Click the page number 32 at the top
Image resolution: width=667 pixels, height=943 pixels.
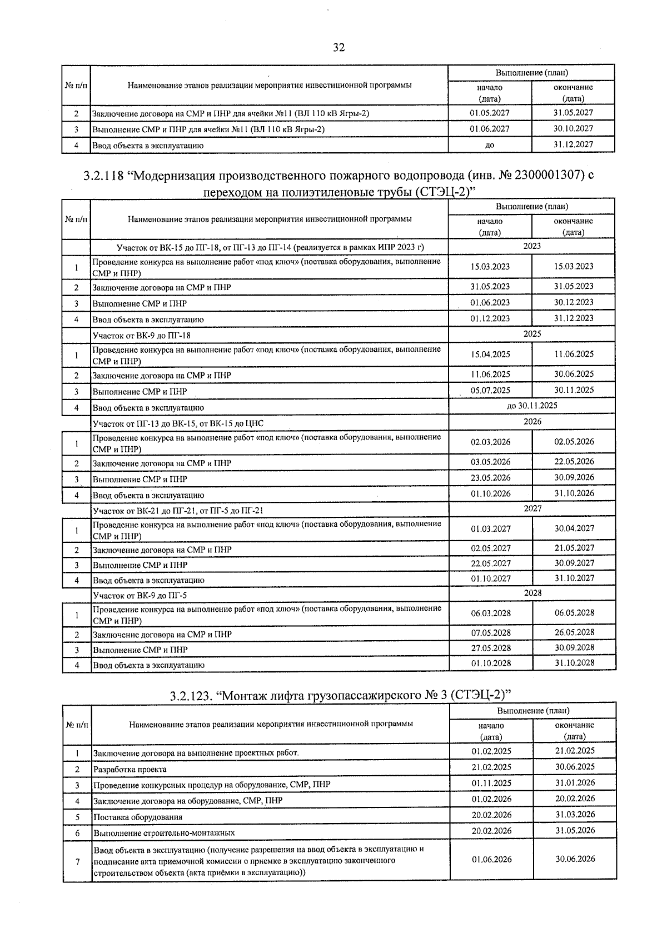tap(339, 48)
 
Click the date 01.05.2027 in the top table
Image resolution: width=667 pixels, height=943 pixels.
tap(490, 113)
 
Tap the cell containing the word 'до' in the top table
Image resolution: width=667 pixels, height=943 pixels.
tap(490, 145)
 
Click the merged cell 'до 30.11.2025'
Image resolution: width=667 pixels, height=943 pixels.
tap(532, 406)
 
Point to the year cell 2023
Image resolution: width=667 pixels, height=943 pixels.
tap(532, 246)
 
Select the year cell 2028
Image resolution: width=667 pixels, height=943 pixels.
tap(532, 593)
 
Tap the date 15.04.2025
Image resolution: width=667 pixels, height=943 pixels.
tap(490, 355)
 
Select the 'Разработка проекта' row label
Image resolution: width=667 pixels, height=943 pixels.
tap(130, 769)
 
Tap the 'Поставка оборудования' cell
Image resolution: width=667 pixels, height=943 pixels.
tap(137, 817)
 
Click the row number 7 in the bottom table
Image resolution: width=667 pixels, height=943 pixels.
tap(77, 862)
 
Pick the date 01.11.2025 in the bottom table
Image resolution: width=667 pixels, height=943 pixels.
tap(491, 783)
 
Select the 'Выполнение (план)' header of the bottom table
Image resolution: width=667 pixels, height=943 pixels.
tap(532, 711)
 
